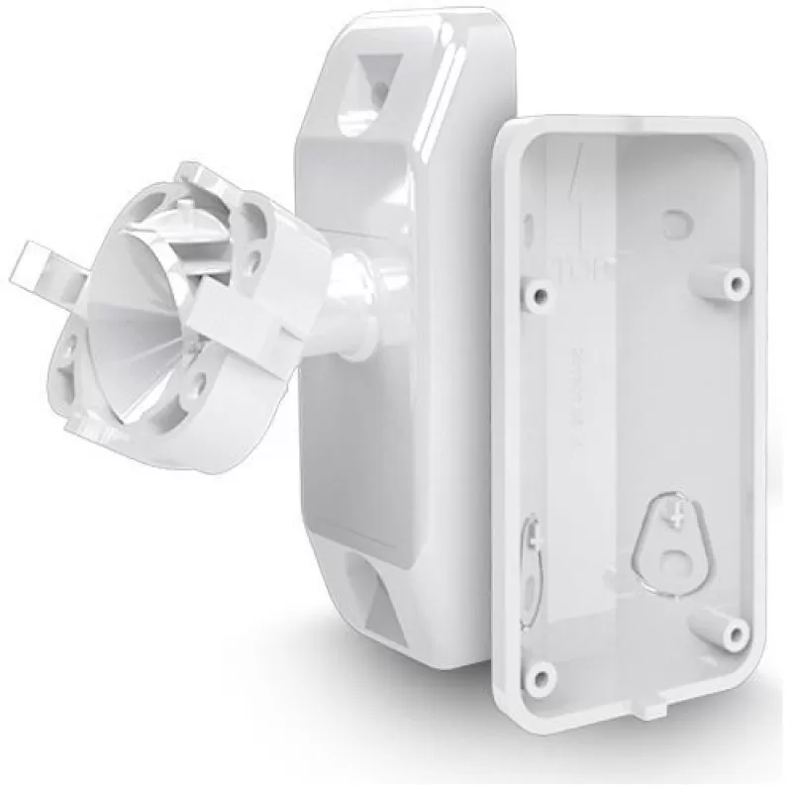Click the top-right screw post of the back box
(x=735, y=284)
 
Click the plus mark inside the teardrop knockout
(x=677, y=516)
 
